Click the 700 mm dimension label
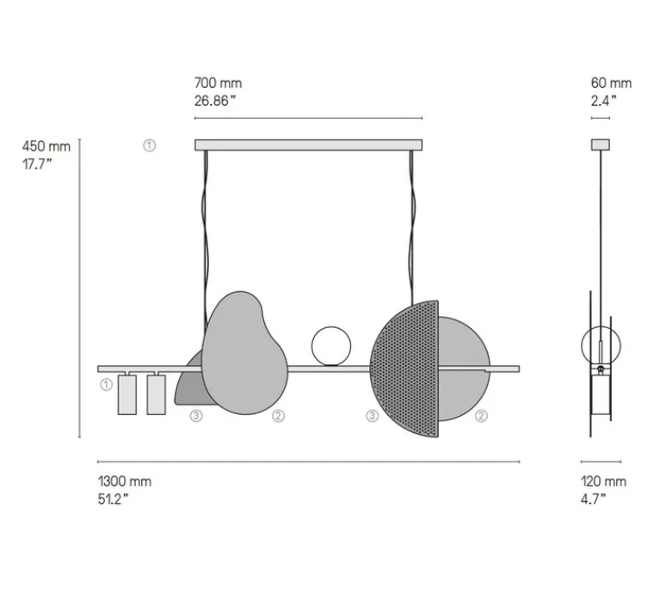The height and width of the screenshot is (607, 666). coord(218,84)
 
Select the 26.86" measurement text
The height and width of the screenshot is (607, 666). coord(215,100)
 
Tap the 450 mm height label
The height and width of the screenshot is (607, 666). coord(46,146)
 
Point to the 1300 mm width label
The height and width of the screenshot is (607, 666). coord(124,482)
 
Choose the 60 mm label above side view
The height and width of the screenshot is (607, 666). coord(611,84)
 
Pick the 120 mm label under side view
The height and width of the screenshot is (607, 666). coord(603,482)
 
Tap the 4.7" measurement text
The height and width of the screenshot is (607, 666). coord(593,499)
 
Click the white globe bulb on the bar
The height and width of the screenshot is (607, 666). coord(331,346)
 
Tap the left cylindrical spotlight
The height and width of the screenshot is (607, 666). coord(127,394)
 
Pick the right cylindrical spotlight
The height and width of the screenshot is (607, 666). coord(156,394)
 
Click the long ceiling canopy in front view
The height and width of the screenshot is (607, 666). coord(309,146)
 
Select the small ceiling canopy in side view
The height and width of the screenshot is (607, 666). coord(600,145)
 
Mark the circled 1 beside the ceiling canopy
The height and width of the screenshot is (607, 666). coord(150,146)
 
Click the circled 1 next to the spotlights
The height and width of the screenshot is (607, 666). coord(105,384)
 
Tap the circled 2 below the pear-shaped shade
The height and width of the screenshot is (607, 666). coord(278,417)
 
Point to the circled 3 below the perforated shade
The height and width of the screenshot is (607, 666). coord(372,417)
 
